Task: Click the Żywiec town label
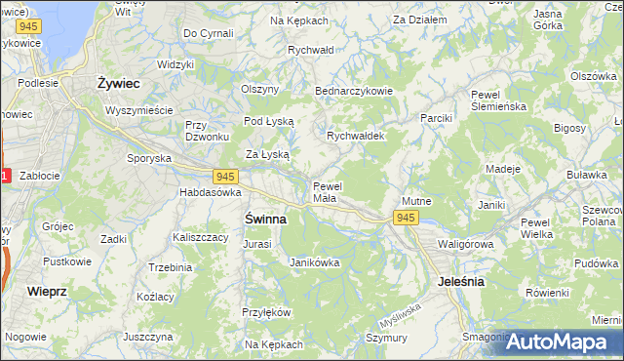[120, 84]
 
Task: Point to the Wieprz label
[47, 291]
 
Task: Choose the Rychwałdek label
[356, 137]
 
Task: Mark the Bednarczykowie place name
[353, 91]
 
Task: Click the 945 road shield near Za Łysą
[226, 176]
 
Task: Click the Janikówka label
[314, 261]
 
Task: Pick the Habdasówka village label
[209, 192]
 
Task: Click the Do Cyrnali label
[209, 33]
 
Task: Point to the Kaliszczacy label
[200, 237]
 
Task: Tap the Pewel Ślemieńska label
[498, 100]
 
